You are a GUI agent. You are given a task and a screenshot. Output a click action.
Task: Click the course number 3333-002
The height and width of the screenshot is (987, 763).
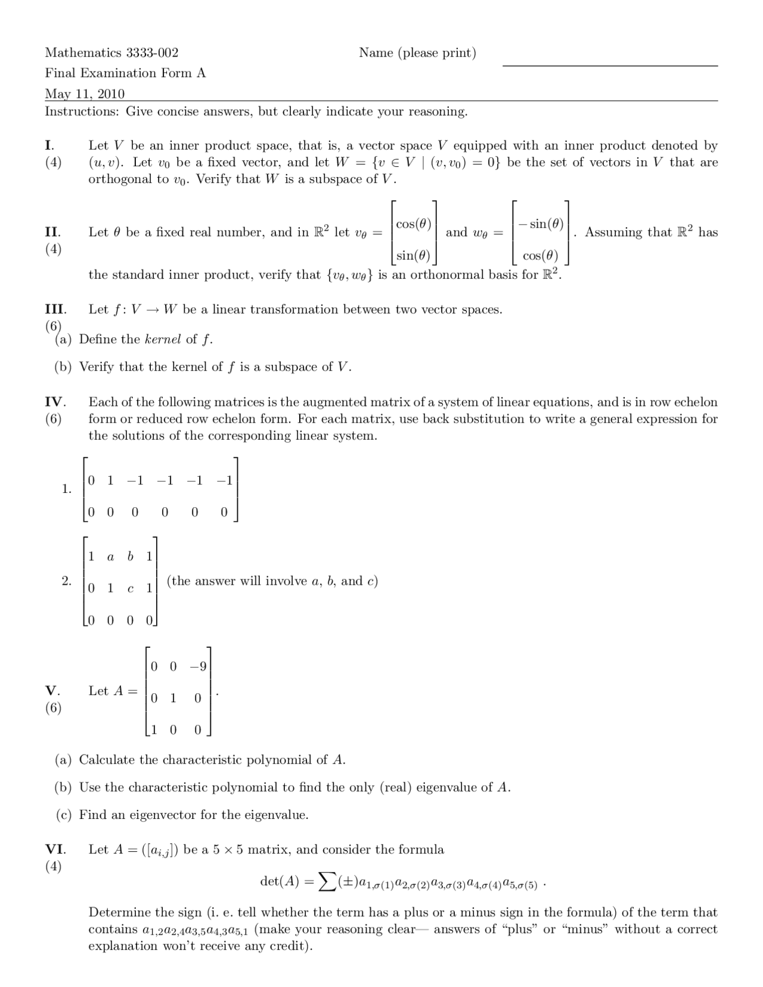point(151,52)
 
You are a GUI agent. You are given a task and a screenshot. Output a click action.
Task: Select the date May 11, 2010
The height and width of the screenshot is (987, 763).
point(85,94)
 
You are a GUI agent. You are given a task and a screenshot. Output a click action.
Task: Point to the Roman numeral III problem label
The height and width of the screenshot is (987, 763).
point(55,309)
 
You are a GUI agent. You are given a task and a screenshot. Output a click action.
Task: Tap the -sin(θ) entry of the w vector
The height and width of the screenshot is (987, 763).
point(541,224)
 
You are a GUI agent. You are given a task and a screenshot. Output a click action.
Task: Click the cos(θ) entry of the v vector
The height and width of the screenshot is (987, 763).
point(413,224)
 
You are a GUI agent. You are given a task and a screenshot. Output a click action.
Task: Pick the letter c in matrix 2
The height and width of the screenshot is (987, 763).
point(131,589)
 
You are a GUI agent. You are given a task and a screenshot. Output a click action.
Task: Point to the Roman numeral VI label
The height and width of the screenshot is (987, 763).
point(55,849)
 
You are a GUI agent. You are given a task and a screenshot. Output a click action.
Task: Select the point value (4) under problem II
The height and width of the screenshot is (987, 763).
point(53,249)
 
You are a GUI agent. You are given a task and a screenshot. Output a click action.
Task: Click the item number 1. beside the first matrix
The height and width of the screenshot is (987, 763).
point(66,489)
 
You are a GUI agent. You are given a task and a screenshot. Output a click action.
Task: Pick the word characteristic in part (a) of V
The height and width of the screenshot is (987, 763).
point(201,760)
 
